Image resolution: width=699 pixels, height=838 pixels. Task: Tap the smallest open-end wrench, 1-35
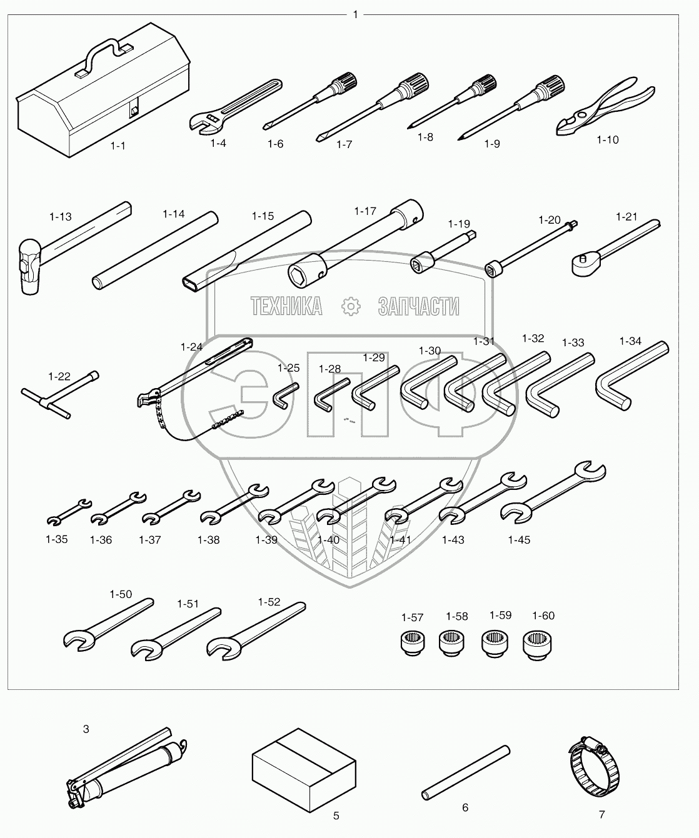pos(69,511)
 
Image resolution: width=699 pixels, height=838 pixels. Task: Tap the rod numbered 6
pos(465,771)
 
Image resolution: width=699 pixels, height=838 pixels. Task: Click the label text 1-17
pos(365,211)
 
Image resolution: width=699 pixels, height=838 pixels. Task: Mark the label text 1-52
pos(269,602)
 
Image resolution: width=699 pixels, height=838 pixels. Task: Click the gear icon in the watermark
pos(351,306)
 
